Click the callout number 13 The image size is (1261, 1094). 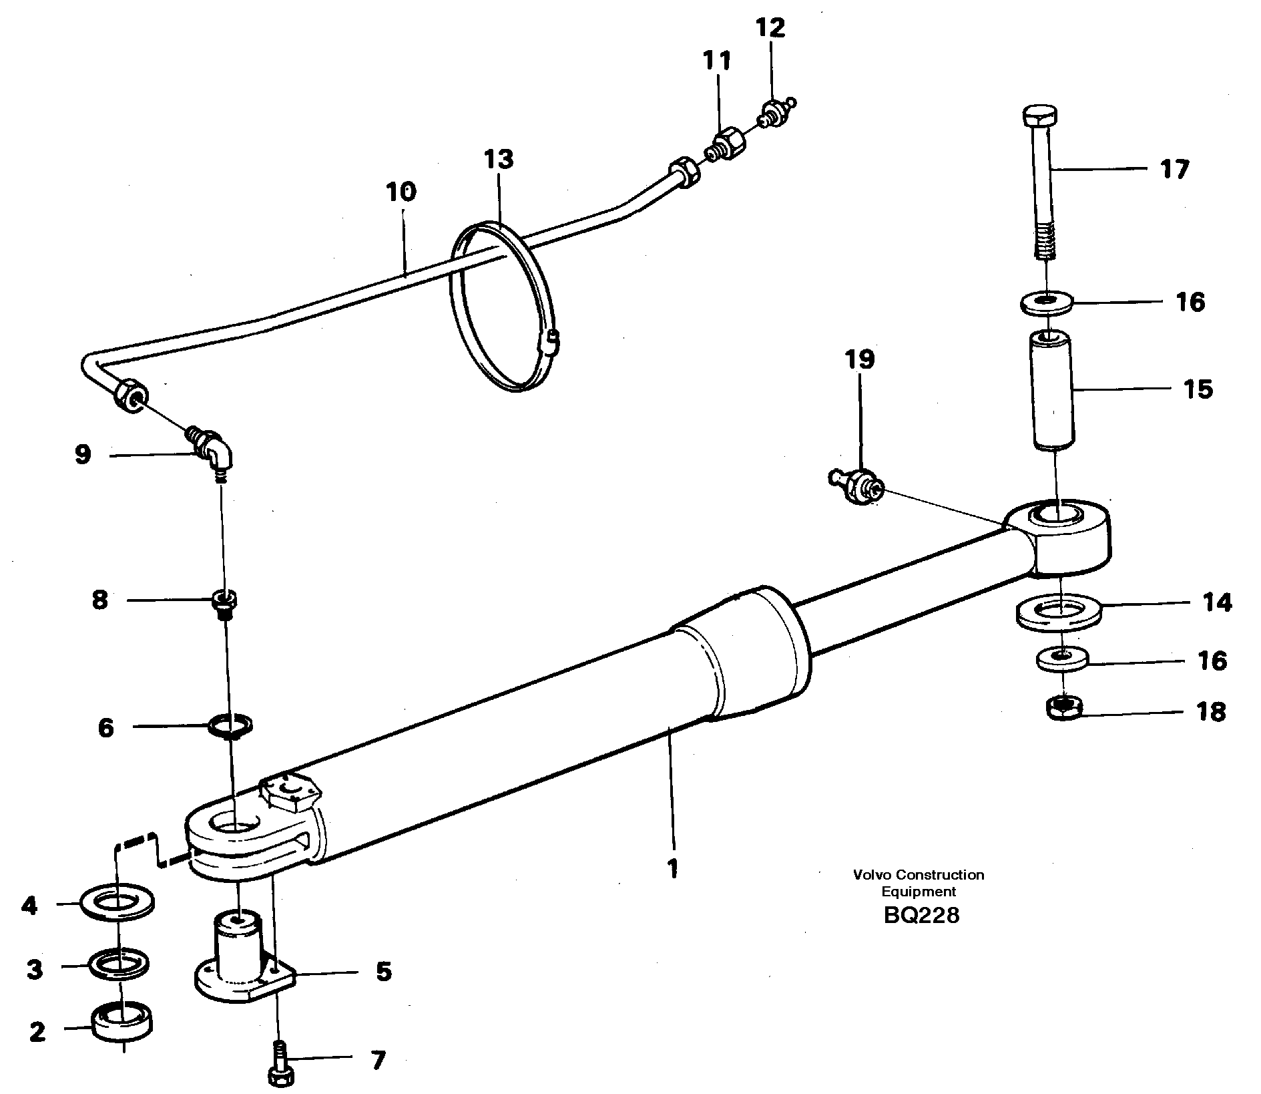coord(499,160)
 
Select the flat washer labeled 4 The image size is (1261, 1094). coord(117,905)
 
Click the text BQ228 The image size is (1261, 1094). coord(921,915)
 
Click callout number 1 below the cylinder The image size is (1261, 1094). coord(673,868)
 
